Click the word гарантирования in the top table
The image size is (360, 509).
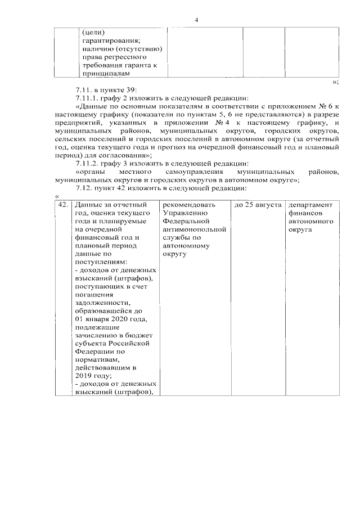pos(106,40)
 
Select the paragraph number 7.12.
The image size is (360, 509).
pos(84,188)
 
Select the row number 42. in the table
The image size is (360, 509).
pos(64,205)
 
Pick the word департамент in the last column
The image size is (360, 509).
pos(310,205)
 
